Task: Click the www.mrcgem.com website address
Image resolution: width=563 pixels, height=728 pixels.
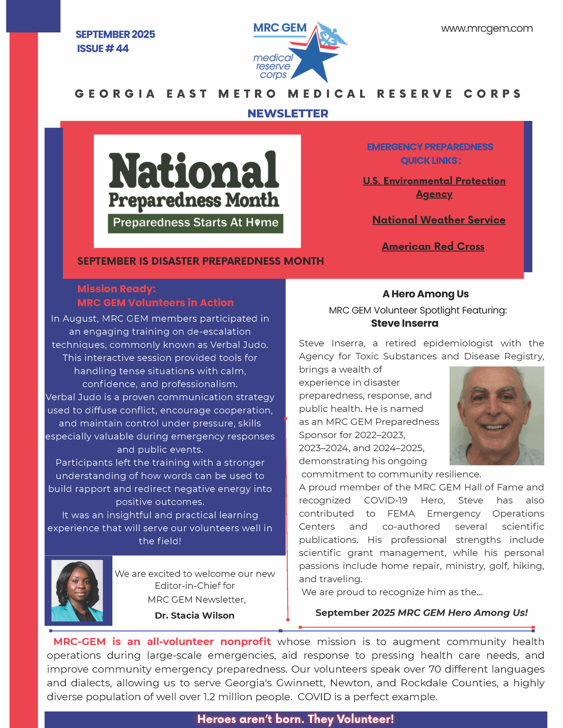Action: (x=486, y=29)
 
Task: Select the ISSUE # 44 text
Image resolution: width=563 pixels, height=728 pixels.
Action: (x=103, y=49)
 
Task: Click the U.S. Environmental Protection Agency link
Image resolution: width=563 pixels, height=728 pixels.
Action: (x=434, y=187)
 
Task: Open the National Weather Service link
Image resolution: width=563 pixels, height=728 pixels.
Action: (x=439, y=220)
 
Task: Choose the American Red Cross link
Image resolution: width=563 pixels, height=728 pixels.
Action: (x=433, y=246)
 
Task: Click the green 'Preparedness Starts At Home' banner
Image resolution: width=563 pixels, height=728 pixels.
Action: (x=195, y=223)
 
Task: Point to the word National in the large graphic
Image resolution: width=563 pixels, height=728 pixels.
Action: (x=194, y=171)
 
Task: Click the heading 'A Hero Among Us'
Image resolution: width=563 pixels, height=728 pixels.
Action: (x=425, y=294)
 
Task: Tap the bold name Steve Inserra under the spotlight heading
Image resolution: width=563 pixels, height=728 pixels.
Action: (x=404, y=323)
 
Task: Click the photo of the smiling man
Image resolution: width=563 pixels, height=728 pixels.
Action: (x=496, y=415)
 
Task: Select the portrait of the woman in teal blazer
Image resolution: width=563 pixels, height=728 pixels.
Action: (x=77, y=591)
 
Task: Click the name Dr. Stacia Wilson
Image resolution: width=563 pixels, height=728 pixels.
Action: (x=195, y=615)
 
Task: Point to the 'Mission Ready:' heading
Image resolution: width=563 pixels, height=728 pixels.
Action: (x=116, y=289)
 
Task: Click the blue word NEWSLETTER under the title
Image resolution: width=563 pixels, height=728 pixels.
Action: (x=288, y=114)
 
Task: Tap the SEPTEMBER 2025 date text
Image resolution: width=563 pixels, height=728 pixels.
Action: (x=115, y=34)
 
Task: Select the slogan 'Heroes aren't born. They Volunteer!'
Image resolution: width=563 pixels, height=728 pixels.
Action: (x=295, y=719)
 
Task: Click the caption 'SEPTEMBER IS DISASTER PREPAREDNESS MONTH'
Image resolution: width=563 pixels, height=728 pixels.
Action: (x=200, y=261)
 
